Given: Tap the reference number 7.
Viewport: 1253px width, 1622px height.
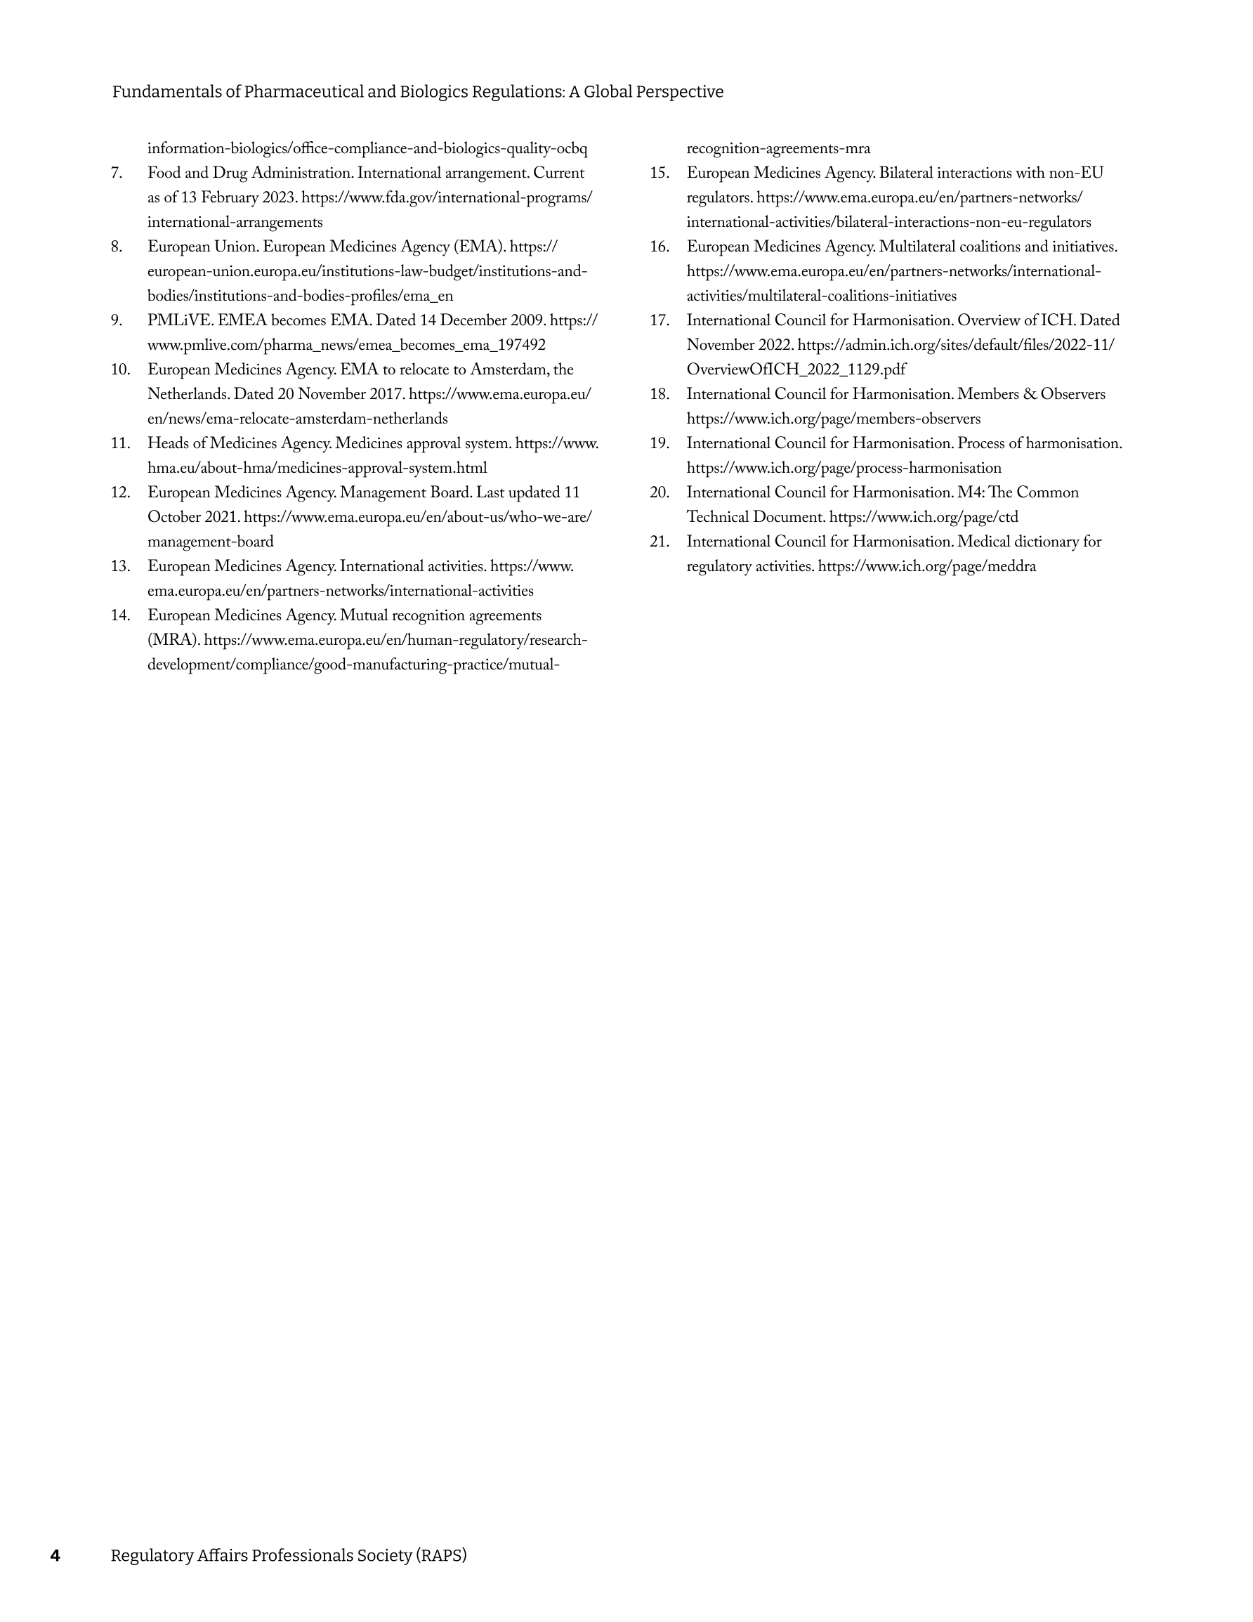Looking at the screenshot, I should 117,173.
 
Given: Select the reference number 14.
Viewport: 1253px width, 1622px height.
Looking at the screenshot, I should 120,615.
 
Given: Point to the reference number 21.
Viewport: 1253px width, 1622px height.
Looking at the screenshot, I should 659,542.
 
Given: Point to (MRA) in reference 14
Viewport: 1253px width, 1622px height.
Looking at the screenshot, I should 173,640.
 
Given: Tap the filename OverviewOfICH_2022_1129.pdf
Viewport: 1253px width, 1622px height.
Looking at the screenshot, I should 796,370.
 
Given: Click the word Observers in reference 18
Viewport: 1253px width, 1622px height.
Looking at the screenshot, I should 1072,394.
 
